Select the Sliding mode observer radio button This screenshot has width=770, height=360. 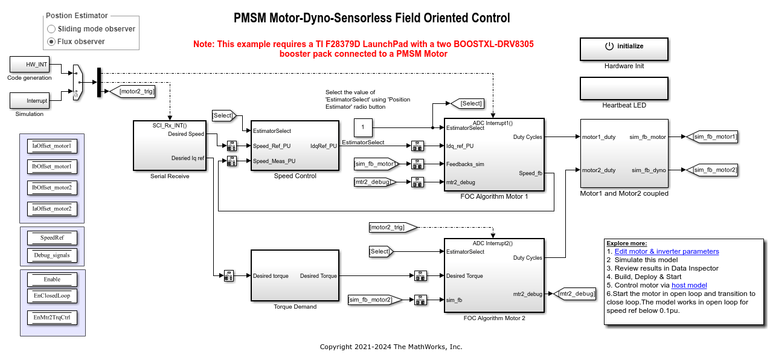click(x=52, y=29)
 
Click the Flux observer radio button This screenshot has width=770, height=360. click(x=52, y=42)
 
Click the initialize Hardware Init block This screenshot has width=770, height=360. click(x=624, y=49)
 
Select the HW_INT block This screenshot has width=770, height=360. click(x=30, y=64)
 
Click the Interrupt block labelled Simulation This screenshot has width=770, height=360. click(x=30, y=100)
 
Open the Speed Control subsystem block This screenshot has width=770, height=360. click(x=295, y=145)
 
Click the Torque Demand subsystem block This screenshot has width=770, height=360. click(x=295, y=276)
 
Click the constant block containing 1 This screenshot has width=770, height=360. click(x=363, y=127)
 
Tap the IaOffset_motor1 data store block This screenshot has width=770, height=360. click(x=52, y=146)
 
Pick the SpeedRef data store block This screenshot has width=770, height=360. click(x=52, y=238)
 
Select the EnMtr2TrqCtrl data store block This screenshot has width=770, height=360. click(x=52, y=318)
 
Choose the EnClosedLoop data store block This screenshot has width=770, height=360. click(x=52, y=296)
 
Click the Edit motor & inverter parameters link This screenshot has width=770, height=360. click(x=666, y=251)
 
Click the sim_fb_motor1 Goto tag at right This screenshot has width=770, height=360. click(x=713, y=137)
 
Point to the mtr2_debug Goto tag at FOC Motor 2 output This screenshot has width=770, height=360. click(x=574, y=294)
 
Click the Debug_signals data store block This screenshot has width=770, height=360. click(x=52, y=255)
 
